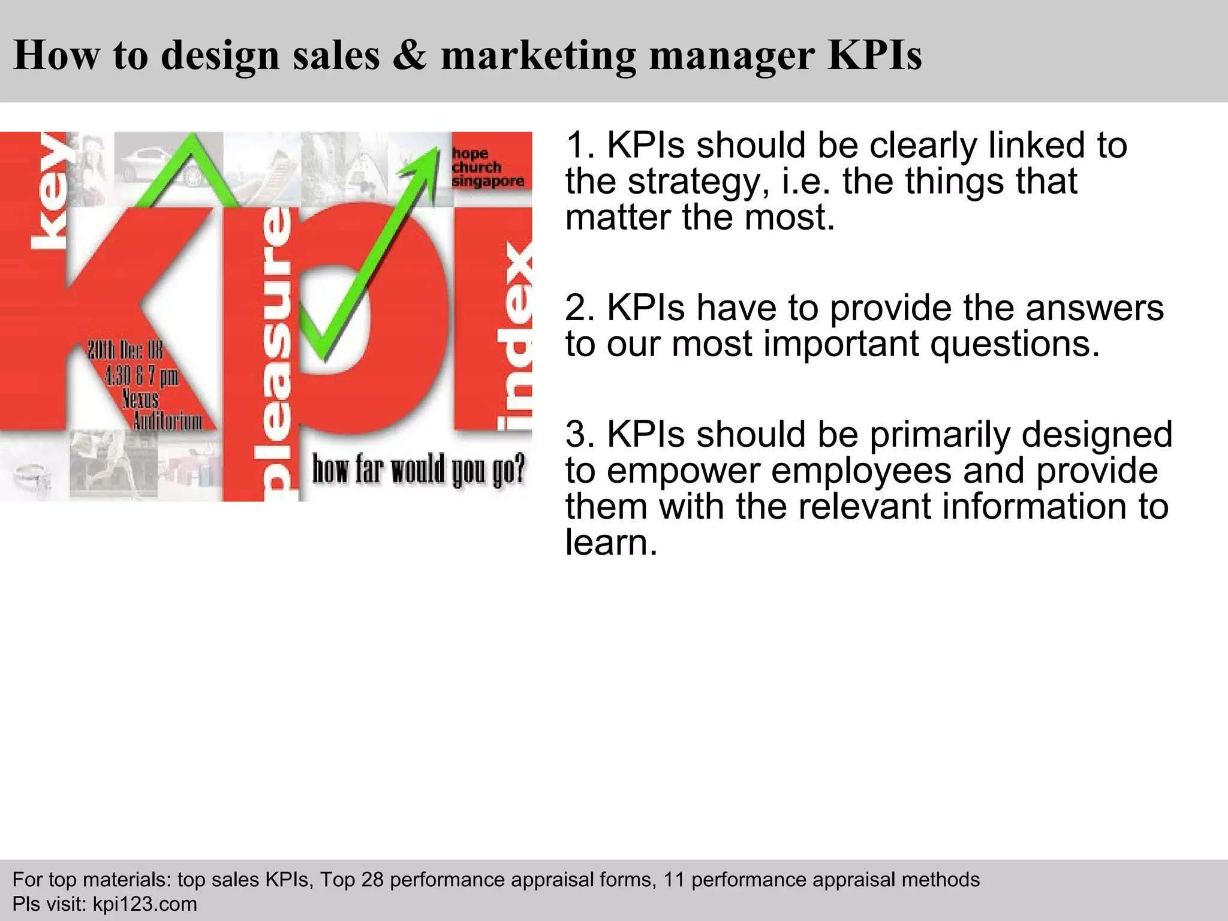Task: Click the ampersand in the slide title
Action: [x=410, y=55]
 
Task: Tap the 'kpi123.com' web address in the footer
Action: [x=145, y=904]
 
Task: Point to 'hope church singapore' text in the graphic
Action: [x=487, y=167]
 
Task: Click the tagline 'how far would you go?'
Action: [x=418, y=469]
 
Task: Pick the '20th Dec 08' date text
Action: [x=125, y=350]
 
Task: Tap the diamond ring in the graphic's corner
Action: [x=31, y=477]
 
